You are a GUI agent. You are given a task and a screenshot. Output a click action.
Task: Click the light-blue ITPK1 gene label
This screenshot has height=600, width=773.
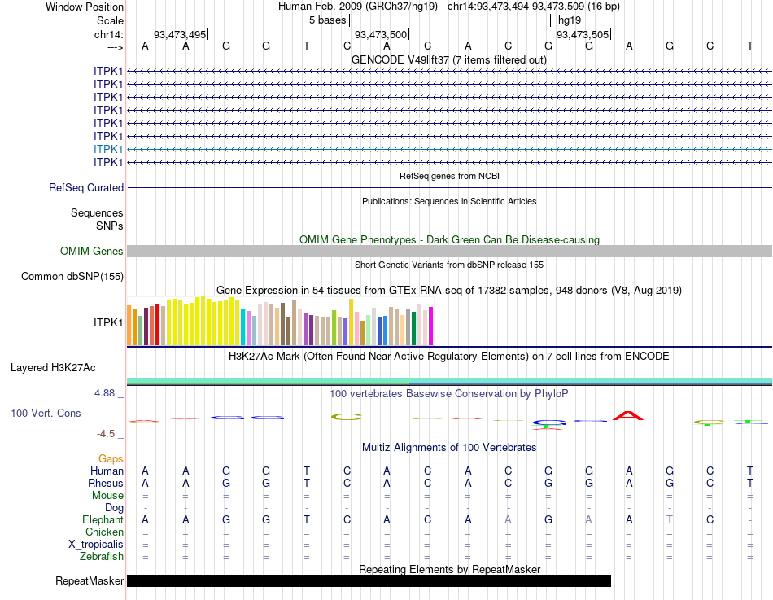coord(108,149)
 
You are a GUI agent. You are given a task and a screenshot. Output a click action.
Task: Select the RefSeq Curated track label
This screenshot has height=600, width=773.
coord(86,188)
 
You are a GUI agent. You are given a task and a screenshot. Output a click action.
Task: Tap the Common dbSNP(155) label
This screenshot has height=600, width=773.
coord(72,277)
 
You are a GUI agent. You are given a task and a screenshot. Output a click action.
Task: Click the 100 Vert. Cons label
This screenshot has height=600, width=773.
coord(46,414)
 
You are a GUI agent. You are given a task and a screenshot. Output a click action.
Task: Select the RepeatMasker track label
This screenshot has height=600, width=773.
coord(90,581)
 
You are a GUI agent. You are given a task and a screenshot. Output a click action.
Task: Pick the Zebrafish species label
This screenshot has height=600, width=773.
coord(102,557)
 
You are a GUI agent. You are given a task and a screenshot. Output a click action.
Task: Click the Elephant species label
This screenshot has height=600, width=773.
coord(103,520)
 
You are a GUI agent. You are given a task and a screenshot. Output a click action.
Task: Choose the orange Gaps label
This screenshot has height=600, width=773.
coord(111,459)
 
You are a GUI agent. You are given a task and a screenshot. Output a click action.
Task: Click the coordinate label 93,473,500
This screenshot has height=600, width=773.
coord(381,34)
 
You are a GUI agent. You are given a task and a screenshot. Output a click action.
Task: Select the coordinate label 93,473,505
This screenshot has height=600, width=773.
coord(582,34)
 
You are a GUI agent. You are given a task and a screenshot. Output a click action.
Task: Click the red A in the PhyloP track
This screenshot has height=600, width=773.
coord(628,415)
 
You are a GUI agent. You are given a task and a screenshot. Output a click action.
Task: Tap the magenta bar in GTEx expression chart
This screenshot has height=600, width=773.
coord(431,326)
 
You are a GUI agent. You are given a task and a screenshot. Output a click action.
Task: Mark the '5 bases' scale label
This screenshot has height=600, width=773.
coord(327,20)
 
